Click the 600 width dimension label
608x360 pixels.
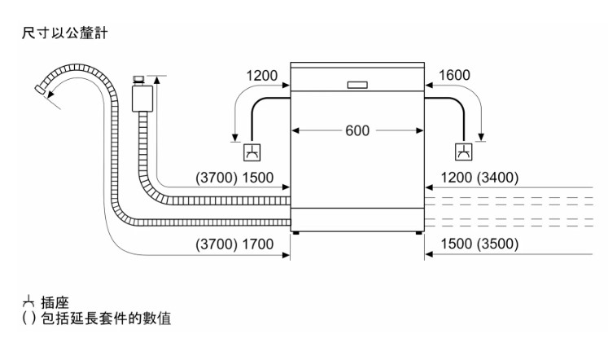357,130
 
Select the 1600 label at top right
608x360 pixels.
453,77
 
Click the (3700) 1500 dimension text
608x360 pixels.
234,178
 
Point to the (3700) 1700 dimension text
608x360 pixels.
234,244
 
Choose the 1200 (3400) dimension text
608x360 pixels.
479,178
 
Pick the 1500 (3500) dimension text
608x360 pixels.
479,244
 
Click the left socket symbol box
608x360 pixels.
252,151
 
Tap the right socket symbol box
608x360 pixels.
463,151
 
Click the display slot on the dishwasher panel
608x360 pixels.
357,84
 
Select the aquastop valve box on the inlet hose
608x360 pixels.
142,99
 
